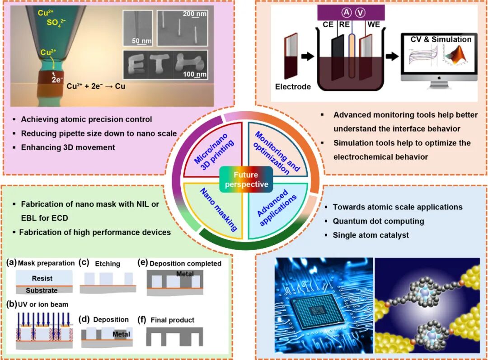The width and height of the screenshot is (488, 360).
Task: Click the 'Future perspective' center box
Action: [x=245, y=179]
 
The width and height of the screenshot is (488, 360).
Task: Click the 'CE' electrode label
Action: [x=328, y=24]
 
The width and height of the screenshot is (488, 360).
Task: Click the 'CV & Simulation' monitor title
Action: [x=441, y=39]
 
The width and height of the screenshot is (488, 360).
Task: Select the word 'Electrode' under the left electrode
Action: [x=293, y=86]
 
